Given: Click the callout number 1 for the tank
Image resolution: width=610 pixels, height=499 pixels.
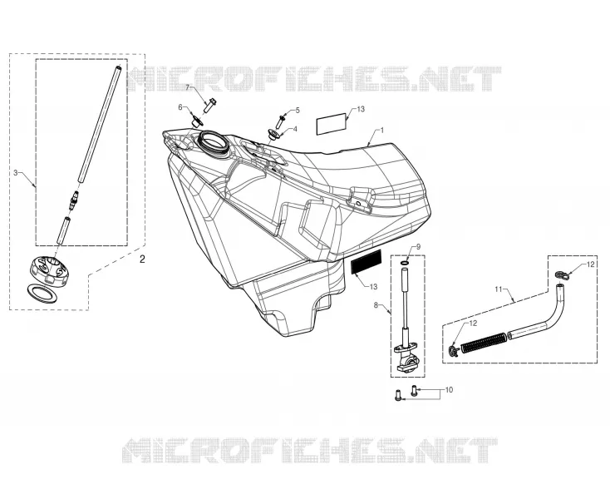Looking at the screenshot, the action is click(382, 130).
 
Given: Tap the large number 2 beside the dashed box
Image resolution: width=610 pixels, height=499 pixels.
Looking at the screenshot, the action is click(142, 259).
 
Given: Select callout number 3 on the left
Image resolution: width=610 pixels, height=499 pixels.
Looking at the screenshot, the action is click(16, 172).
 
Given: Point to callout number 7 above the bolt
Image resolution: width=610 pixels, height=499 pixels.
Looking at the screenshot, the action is click(187, 87).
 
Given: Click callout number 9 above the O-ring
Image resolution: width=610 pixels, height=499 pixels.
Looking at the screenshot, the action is click(418, 246).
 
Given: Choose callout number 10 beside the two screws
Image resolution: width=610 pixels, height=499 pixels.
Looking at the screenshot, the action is click(449, 389).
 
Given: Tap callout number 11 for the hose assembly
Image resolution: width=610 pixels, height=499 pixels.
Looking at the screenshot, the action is click(499, 289).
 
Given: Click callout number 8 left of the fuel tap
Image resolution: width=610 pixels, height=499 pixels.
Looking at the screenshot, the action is click(376, 305).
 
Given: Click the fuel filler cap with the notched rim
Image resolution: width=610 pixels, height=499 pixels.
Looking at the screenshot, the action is click(51, 271).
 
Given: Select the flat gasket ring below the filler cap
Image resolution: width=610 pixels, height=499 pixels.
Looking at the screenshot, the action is click(42, 293).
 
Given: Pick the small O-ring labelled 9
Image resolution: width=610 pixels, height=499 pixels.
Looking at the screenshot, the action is click(405, 264).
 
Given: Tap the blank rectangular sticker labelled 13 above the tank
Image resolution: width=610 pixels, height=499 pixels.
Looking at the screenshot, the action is click(331, 124).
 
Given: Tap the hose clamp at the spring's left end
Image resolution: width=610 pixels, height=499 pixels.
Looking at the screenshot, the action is click(453, 350).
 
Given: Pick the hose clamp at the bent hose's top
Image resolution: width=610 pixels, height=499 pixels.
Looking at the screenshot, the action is click(561, 275).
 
